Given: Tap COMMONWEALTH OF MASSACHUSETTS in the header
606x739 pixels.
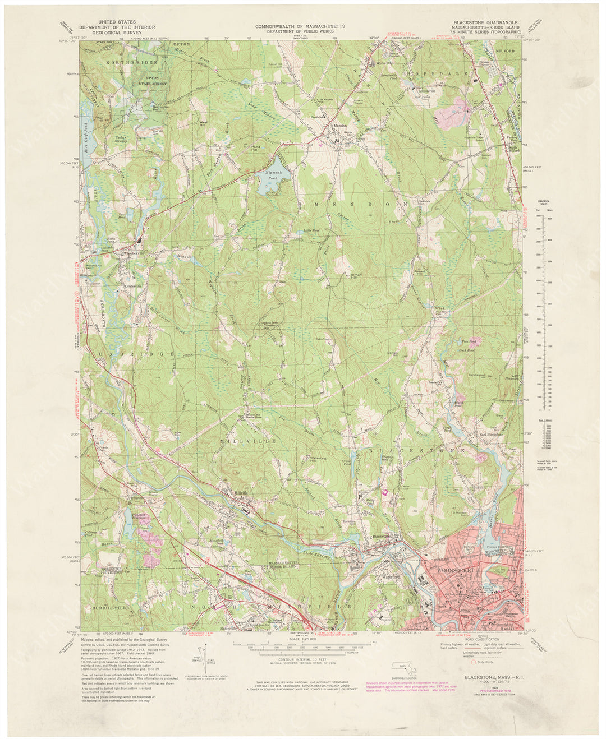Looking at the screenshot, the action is click(x=300, y=26).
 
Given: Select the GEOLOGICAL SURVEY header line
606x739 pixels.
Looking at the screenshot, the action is click(x=110, y=33).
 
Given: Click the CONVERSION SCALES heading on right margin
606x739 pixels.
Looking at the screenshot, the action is click(x=541, y=202).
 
